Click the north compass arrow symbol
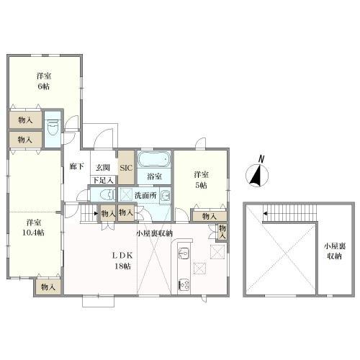point(256,174)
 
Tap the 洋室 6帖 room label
point(43,81)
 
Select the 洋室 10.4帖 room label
point(32,228)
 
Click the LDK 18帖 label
point(120,261)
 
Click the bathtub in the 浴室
point(153,159)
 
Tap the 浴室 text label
point(153,176)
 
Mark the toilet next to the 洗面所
point(105,194)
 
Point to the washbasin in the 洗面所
point(165,194)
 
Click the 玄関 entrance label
point(102,167)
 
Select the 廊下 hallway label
point(76,166)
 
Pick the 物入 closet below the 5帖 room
point(210,216)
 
